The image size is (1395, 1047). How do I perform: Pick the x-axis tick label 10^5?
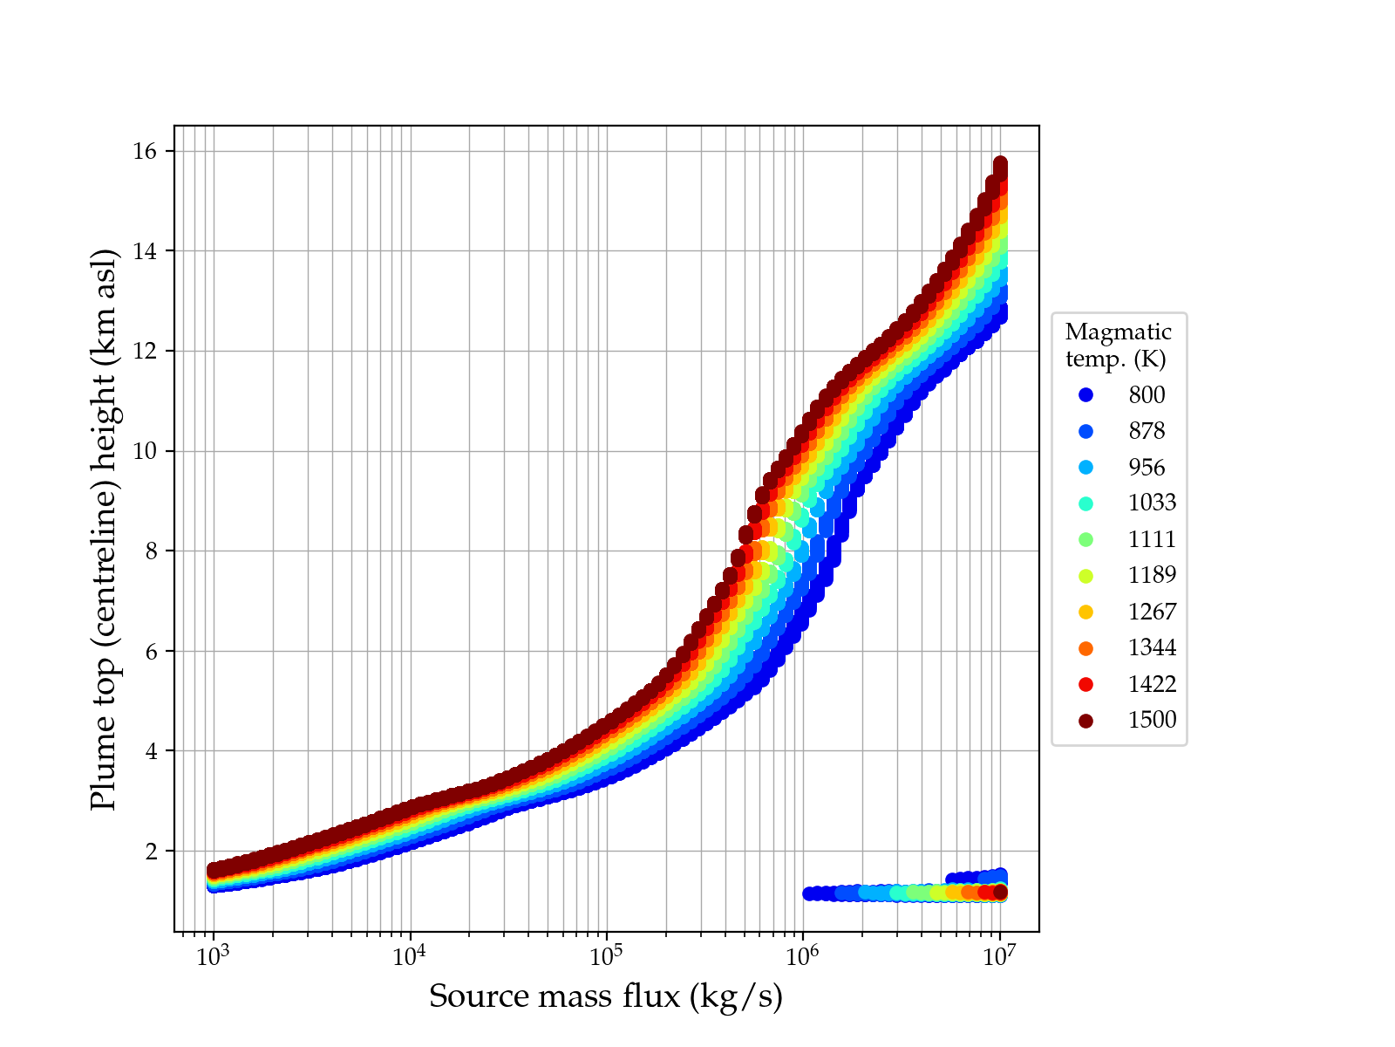pyautogui.click(x=606, y=955)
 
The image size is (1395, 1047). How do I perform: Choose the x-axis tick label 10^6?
pyautogui.click(x=803, y=955)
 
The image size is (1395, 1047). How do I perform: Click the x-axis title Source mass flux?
pyautogui.click(x=606, y=996)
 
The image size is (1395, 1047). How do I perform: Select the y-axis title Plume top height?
pyautogui.click(x=104, y=529)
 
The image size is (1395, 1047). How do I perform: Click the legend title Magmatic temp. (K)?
pyautogui.click(x=1119, y=345)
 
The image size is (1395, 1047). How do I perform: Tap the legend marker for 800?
pyautogui.click(x=1085, y=395)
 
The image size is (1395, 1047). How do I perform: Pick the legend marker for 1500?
pyautogui.click(x=1085, y=721)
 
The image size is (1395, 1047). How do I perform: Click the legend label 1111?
pyautogui.click(x=1152, y=539)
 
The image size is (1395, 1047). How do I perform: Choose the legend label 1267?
pyautogui.click(x=1152, y=612)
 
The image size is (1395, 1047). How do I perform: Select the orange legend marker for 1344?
pyautogui.click(x=1085, y=648)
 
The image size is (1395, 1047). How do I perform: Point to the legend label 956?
pyautogui.click(x=1147, y=468)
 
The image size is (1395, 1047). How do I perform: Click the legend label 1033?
pyautogui.click(x=1152, y=503)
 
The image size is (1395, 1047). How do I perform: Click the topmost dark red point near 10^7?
pyautogui.click(x=1000, y=164)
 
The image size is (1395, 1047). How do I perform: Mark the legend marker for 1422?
pyautogui.click(x=1085, y=684)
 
